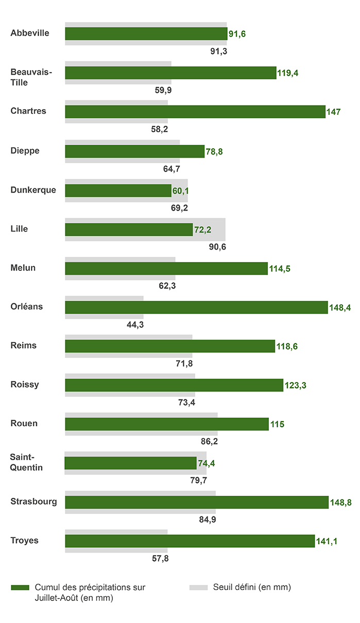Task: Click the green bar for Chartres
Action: coord(195,112)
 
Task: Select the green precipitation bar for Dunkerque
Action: coord(118,191)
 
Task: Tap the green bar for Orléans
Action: coord(196,307)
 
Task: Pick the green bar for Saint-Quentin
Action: coord(130,463)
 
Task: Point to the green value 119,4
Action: coord(288,73)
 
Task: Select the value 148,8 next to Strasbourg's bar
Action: coord(340,503)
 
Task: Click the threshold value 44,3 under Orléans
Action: coord(135,325)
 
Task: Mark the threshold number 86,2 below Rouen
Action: coord(209,442)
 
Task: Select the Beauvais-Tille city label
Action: coord(31,77)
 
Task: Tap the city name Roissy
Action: coord(25,385)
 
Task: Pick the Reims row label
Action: coord(24,345)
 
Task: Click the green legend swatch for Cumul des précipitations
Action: coord(20,587)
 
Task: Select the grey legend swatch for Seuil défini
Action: coord(198,587)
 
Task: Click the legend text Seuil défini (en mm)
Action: coord(252,587)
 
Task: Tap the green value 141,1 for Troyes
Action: coord(327,541)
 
